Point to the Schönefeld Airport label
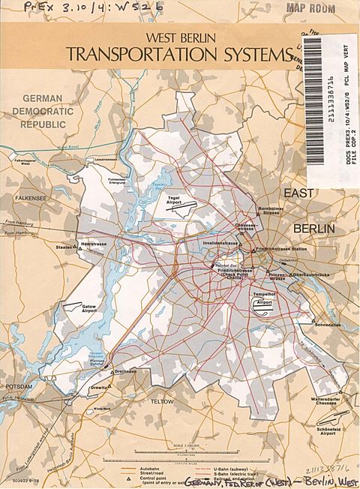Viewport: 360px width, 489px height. click(x=334, y=426)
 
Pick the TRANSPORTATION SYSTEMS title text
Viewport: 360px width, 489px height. click(x=178, y=54)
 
